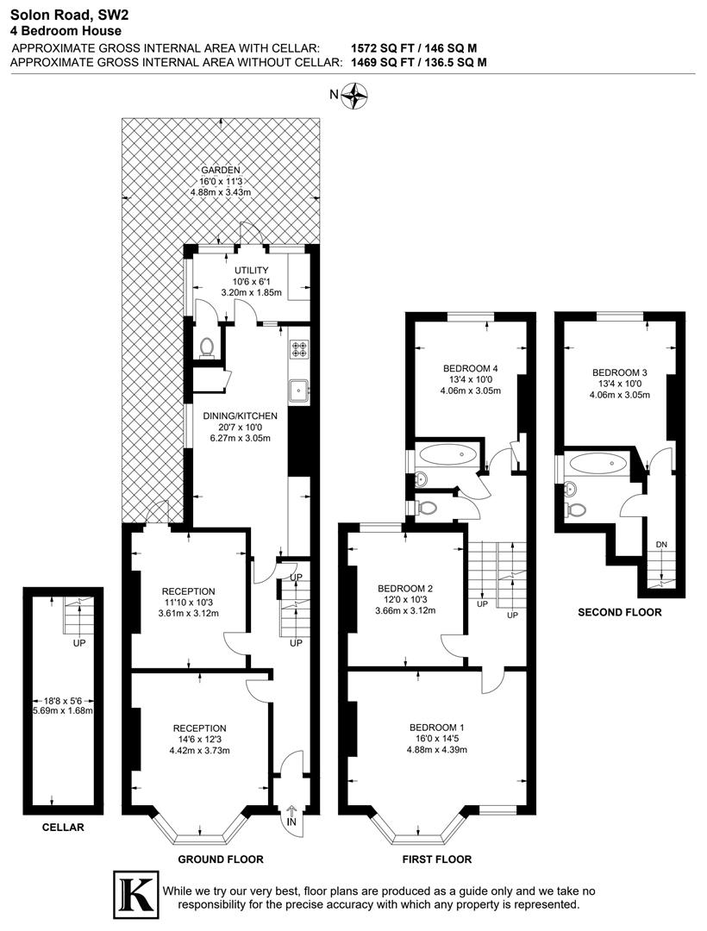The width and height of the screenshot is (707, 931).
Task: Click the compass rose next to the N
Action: coord(354,96)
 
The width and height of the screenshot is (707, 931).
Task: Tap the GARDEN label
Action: coord(221,170)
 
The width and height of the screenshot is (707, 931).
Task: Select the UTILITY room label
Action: coord(240,271)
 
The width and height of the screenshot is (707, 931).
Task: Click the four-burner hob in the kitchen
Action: coord(300,350)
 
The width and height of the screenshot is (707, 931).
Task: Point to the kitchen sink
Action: coord(300,390)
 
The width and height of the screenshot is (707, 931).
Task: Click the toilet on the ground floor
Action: coord(206,347)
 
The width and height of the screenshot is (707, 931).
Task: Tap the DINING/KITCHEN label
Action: coord(240,416)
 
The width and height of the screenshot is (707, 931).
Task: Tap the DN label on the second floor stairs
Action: coord(661,545)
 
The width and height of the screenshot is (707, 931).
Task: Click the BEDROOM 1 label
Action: coord(437,727)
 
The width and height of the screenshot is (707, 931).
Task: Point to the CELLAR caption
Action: coord(63,828)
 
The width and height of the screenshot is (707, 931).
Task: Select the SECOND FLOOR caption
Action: coord(620,612)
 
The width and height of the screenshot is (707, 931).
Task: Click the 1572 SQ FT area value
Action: coord(384,48)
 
